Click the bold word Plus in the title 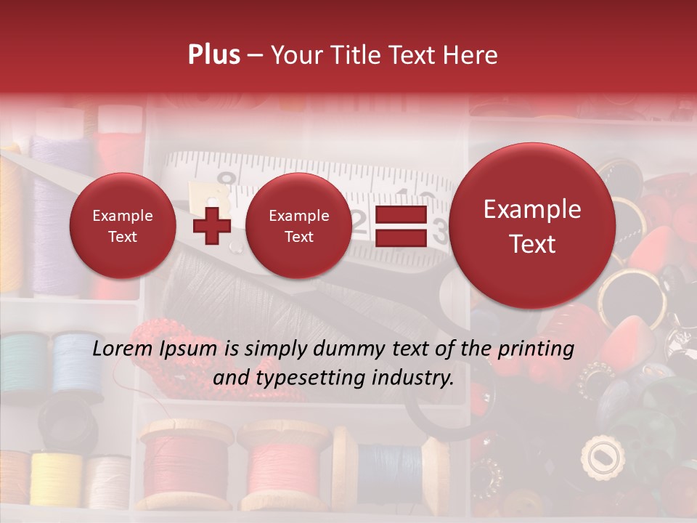pyautogui.click(x=213, y=55)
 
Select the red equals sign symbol pyautogui.click(x=400, y=226)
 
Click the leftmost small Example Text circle pyautogui.click(x=123, y=226)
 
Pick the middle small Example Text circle pyautogui.click(x=298, y=226)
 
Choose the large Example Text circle pyautogui.click(x=532, y=226)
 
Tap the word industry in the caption pyautogui.click(x=415, y=378)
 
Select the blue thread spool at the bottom pyautogui.click(x=388, y=464)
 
